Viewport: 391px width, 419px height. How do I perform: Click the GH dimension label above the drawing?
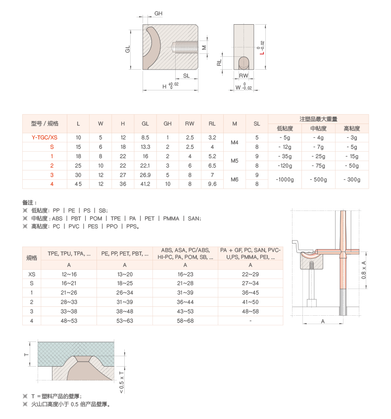tap(158, 13)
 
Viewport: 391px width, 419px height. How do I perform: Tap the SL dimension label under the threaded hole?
tap(186, 76)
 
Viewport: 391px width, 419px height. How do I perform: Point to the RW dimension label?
tap(244, 76)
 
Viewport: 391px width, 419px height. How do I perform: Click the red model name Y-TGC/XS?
tap(45, 137)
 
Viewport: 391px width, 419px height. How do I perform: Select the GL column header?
tap(145, 124)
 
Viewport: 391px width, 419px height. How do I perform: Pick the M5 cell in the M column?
tap(235, 161)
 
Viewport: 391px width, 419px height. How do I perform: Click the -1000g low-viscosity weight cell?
tap(285, 179)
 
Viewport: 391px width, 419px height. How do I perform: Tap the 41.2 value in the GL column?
tap(145, 184)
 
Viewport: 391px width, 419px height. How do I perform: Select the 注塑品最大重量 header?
tap(318, 119)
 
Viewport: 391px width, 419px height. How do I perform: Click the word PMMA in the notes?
tap(171, 218)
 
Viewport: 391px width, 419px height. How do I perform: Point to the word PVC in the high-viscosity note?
tap(74, 226)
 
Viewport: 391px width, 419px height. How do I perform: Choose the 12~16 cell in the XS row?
tap(69, 274)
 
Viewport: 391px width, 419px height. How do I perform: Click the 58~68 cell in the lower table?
tap(185, 321)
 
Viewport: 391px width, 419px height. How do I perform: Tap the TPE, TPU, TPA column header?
tap(69, 253)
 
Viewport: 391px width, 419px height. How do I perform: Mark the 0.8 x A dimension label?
tap(363, 270)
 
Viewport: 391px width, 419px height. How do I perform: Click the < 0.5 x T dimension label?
tap(121, 382)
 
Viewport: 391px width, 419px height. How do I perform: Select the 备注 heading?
tap(29, 203)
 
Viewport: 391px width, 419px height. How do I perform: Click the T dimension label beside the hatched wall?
tap(26, 355)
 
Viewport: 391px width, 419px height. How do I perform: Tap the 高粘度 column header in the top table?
tap(352, 128)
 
